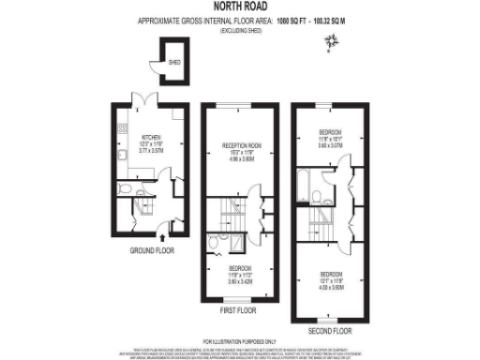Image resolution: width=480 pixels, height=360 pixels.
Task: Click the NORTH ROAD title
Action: click(x=240, y=7)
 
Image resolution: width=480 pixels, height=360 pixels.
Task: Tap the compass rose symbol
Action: click(x=330, y=39)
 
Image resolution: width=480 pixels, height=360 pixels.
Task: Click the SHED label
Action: click(x=174, y=63)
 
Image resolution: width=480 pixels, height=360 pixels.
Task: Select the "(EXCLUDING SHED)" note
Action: click(x=240, y=31)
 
